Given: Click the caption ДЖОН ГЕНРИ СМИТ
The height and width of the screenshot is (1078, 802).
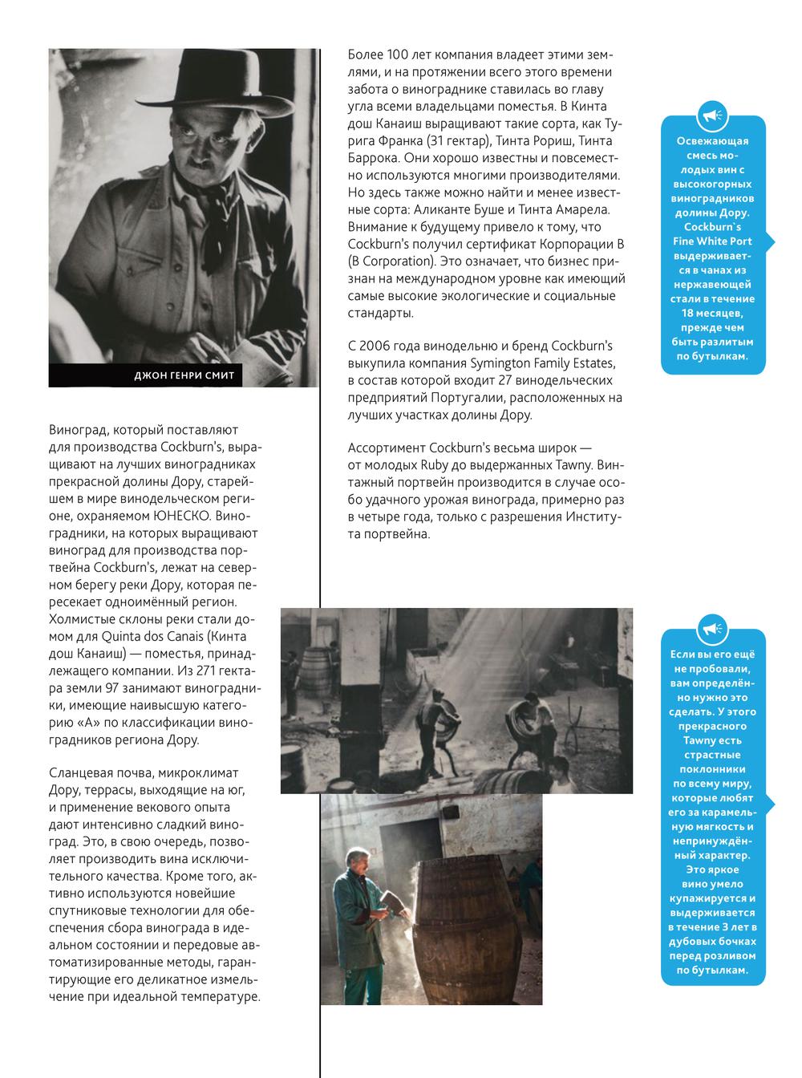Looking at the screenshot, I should coord(184,375).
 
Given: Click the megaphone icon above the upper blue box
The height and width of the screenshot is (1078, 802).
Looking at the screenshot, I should coord(713,116).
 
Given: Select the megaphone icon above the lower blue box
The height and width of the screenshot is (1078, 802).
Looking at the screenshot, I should coord(713,628).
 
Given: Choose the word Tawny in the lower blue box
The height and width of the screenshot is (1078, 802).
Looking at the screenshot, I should coord(713,740).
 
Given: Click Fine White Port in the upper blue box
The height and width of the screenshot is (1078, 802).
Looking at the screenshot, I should coord(713,241).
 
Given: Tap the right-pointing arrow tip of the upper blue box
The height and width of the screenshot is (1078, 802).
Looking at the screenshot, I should coord(773,241).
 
